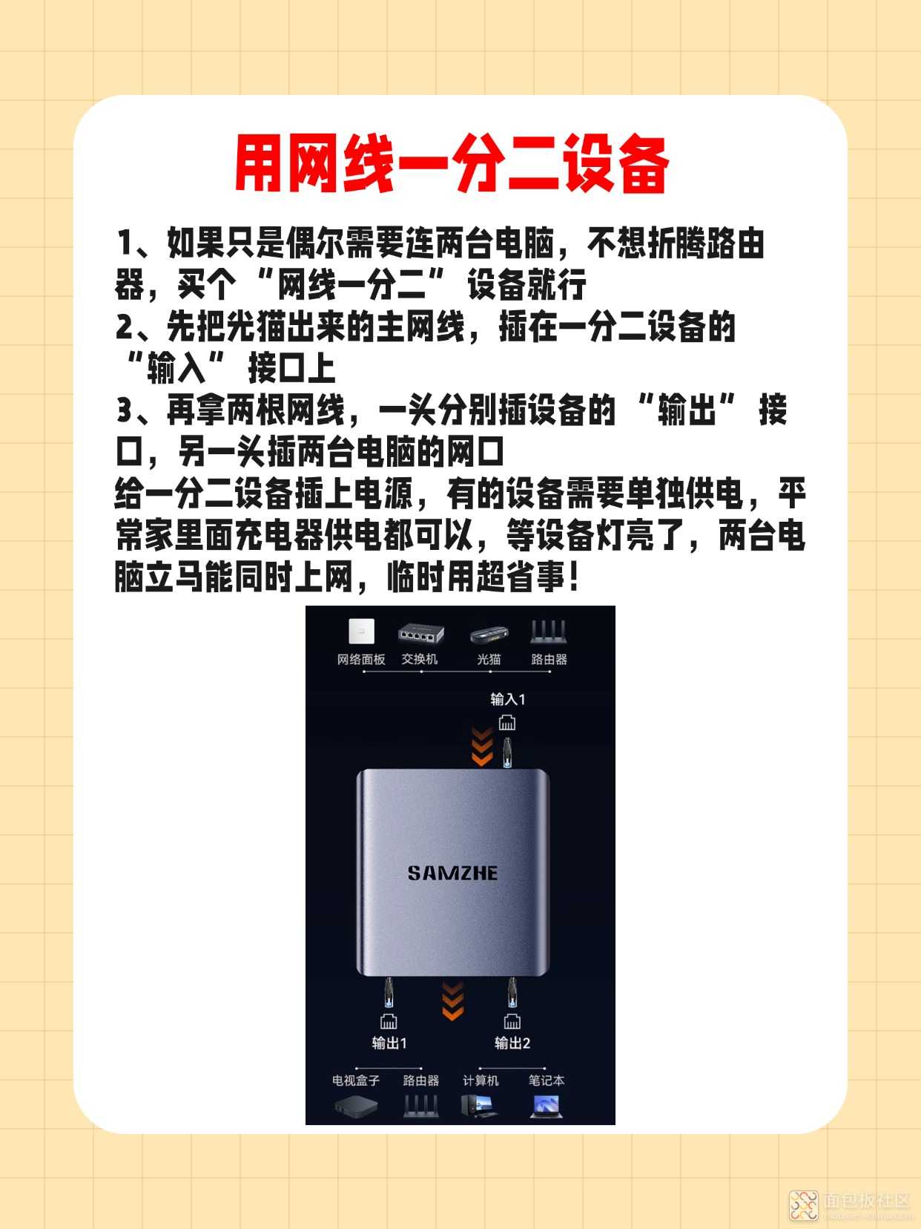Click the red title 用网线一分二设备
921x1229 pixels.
(452, 164)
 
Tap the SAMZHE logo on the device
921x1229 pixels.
(452, 873)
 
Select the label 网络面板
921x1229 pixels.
(360, 660)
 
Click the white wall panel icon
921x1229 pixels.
(361, 632)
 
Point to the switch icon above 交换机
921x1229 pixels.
(421, 634)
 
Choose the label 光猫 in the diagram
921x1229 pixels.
(489, 660)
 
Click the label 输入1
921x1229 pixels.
(508, 699)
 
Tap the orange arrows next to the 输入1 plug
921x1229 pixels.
(482, 747)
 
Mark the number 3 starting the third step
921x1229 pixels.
(124, 410)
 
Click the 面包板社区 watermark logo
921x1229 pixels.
(804, 1205)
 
